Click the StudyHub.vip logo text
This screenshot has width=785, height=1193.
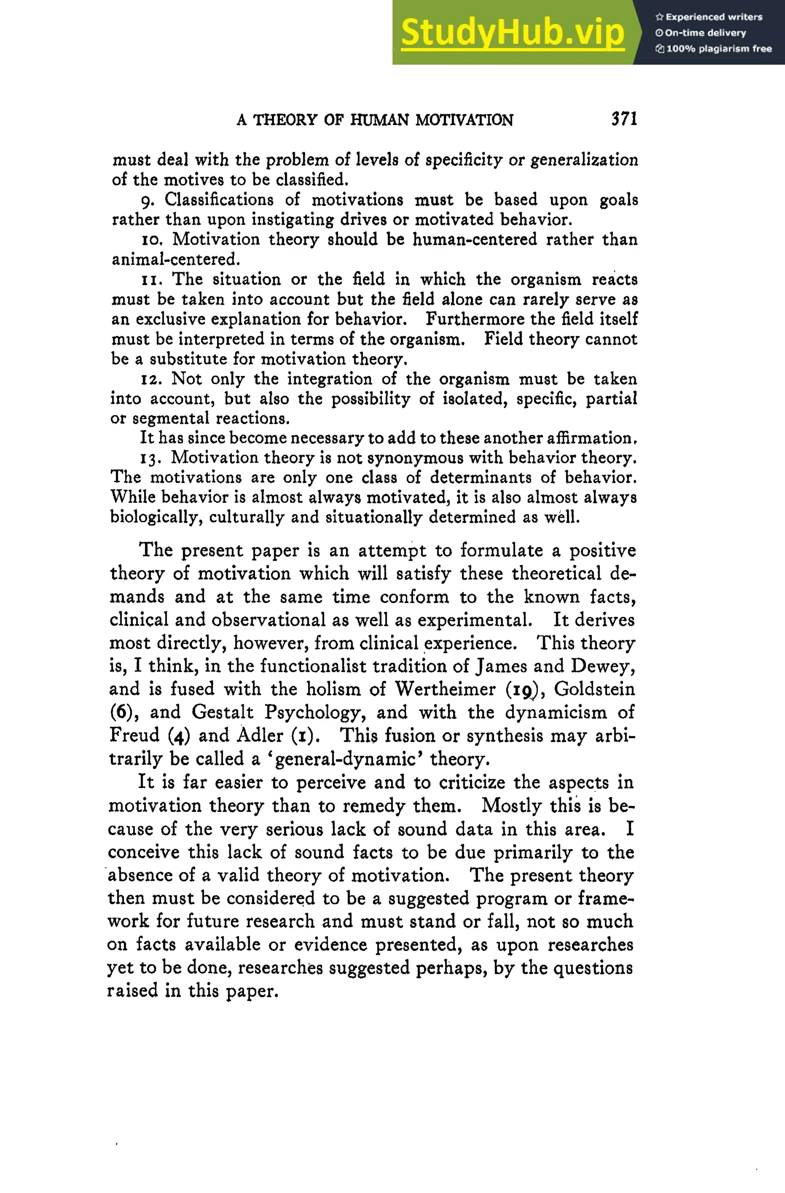click(512, 32)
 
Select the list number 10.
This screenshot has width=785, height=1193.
click(151, 240)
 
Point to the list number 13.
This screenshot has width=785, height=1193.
click(149, 458)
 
